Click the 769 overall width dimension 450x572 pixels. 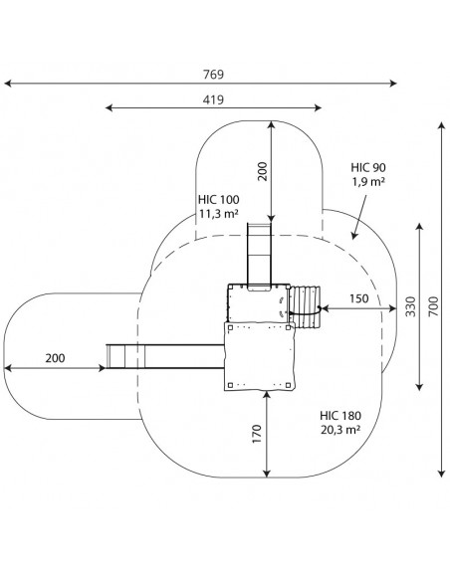tap(213, 75)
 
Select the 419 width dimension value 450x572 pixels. tap(213, 99)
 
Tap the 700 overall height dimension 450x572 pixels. tap(433, 306)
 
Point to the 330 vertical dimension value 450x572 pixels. tap(411, 306)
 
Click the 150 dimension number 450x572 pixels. tap(359, 298)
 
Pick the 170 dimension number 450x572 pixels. tap(257, 434)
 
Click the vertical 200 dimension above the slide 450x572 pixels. tap(263, 171)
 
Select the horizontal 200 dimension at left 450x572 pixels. tap(55, 358)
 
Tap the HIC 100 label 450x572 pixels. tap(219, 200)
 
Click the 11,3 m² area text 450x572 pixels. tap(219, 214)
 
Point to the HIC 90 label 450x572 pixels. tap(368, 167)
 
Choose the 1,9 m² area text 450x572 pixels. tap(368, 181)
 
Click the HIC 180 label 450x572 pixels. tap(340, 416)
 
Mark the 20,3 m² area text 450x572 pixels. tap(340, 430)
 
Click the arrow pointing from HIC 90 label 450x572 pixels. tap(359, 217)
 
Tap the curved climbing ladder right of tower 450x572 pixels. tap(305, 307)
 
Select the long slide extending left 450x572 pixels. tap(165, 356)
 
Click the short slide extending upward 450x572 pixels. tap(260, 257)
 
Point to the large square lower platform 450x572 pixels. tap(260, 356)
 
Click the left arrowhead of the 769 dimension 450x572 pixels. tap(8, 84)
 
